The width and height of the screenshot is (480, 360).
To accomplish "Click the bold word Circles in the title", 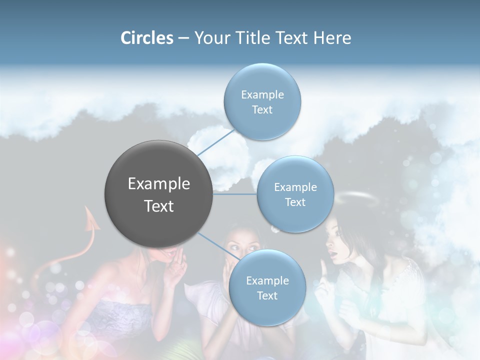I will pyautogui.click(x=146, y=38).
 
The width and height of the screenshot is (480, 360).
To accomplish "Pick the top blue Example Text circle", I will pyautogui.click(x=262, y=102).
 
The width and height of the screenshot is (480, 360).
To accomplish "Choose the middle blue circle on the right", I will pyautogui.click(x=295, y=194).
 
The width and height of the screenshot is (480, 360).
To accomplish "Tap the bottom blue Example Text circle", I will pyautogui.click(x=267, y=288).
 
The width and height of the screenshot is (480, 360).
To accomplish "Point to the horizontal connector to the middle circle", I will pyautogui.click(x=235, y=194).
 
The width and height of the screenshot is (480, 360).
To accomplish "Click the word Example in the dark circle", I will pyautogui.click(x=159, y=184).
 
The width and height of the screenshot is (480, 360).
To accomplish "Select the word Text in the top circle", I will pyautogui.click(x=262, y=110).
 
